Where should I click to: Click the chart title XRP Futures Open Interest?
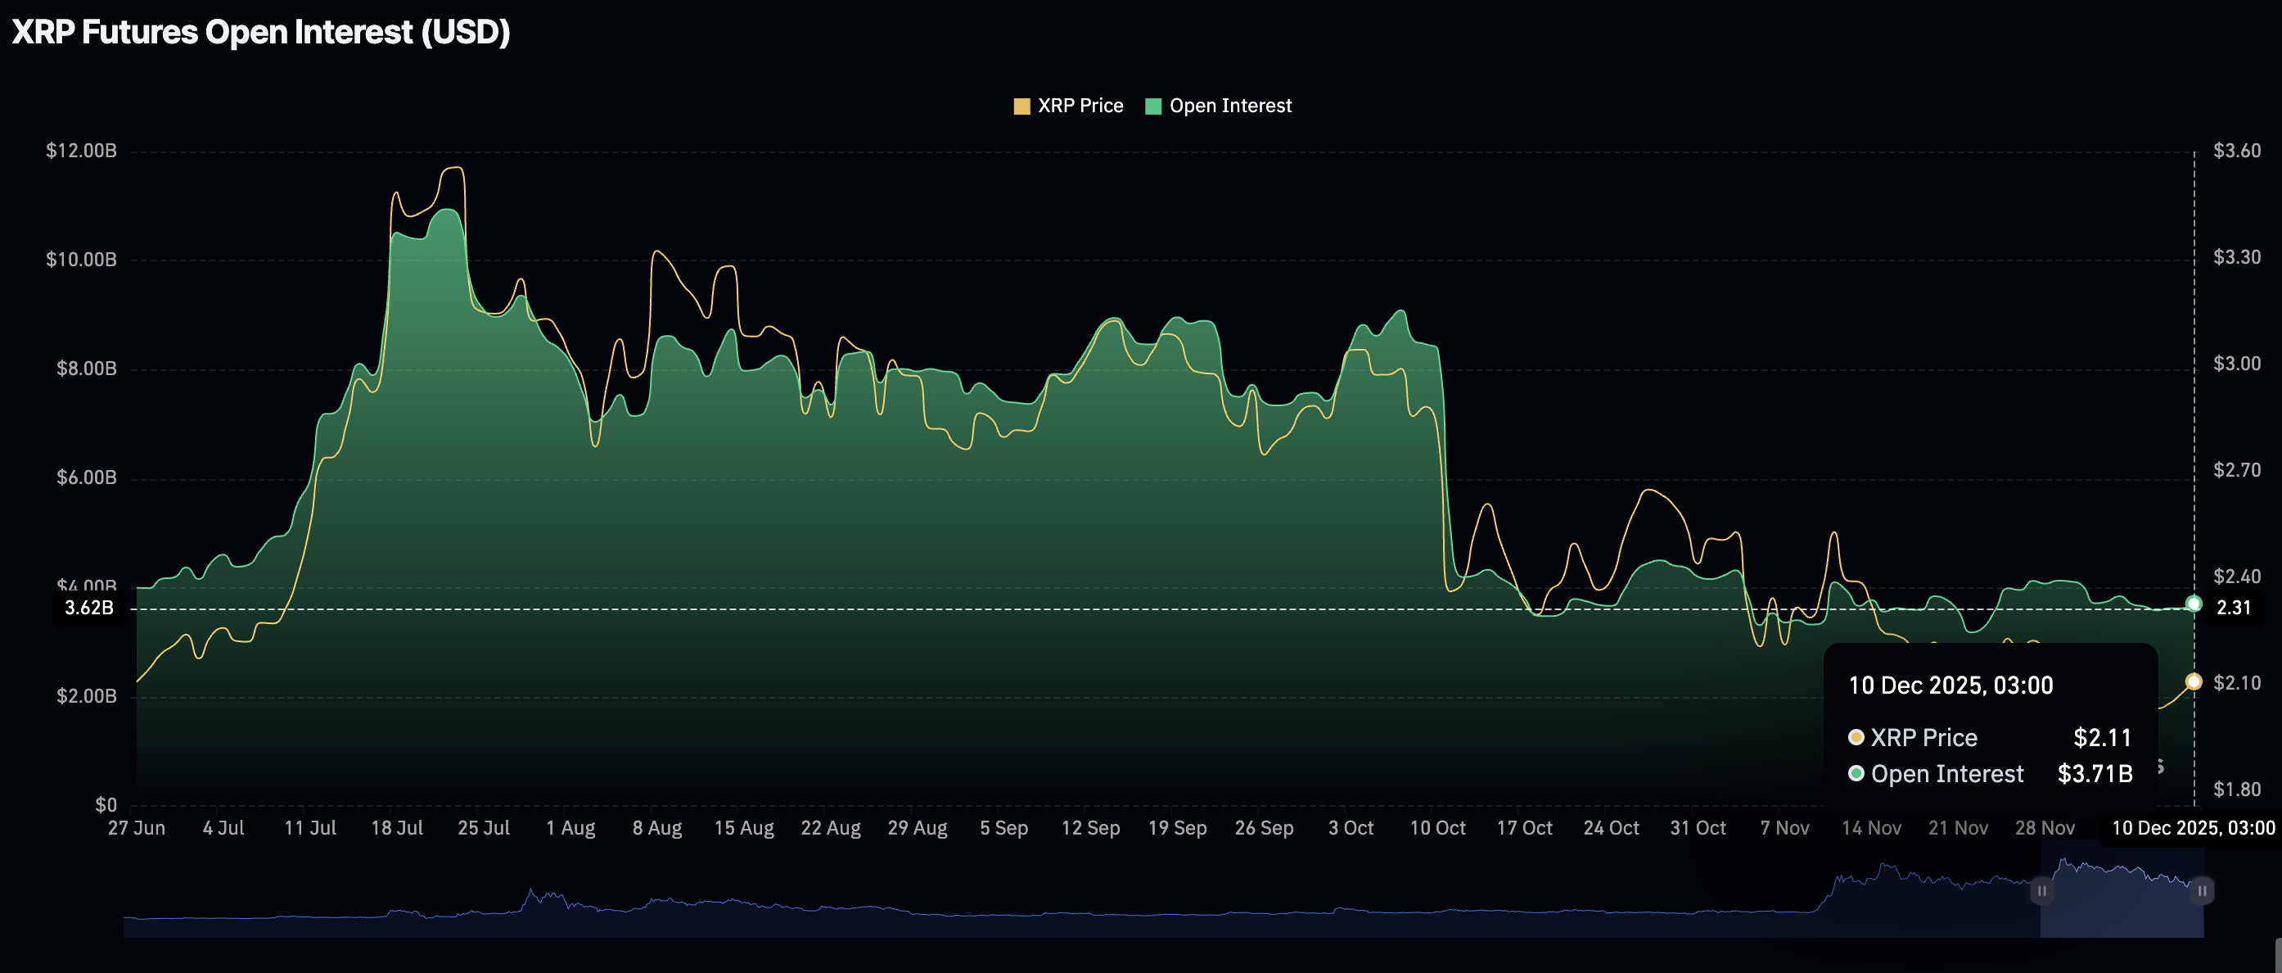260,33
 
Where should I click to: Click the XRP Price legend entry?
1068,106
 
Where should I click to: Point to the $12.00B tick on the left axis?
82,151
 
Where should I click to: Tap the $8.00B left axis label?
86,369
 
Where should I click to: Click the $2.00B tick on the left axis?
86,696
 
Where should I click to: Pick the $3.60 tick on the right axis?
2236,151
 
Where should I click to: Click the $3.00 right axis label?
2236,364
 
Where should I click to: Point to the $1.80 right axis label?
2236,789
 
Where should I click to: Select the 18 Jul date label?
397,828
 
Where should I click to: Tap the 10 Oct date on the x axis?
1436,828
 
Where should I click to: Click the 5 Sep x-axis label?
1003,828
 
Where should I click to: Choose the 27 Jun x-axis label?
137,828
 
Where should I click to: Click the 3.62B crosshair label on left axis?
89,608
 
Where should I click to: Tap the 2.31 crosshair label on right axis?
2232,608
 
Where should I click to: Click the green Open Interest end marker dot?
2194,604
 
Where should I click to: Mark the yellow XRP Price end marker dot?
2194,681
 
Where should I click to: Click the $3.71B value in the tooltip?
2095,774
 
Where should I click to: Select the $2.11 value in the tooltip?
2102,737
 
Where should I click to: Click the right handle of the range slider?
2203,890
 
